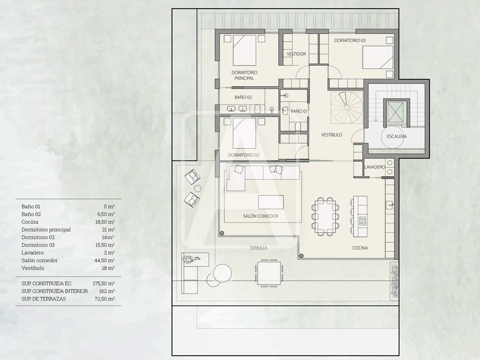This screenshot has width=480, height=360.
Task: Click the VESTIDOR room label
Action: [x=296, y=54]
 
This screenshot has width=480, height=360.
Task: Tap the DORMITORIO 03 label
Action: [x=349, y=41]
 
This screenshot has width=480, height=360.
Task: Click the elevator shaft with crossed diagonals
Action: [x=396, y=112]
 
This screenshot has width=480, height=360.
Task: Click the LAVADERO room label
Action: [x=374, y=167]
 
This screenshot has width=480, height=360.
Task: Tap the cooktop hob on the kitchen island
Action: [x=362, y=221]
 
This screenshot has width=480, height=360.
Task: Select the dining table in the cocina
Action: [x=325, y=216]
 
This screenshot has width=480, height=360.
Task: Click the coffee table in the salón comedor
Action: [x=271, y=202]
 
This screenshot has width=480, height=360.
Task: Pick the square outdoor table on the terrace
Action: [x=269, y=273]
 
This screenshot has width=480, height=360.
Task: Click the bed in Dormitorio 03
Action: [x=377, y=57]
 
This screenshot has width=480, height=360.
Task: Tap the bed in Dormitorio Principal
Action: [x=244, y=50]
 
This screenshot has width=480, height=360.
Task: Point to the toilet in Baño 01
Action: [x=298, y=126]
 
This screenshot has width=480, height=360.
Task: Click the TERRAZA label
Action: [x=259, y=248]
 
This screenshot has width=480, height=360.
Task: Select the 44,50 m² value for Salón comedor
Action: [x=104, y=261]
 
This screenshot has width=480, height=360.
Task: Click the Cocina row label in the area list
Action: [x=30, y=222]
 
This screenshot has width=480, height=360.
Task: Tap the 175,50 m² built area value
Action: [x=104, y=284]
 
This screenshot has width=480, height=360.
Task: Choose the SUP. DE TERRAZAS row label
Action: [x=44, y=299]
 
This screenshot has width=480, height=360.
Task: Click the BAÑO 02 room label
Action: [x=243, y=97]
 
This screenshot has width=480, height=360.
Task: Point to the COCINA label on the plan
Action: [x=360, y=248]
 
